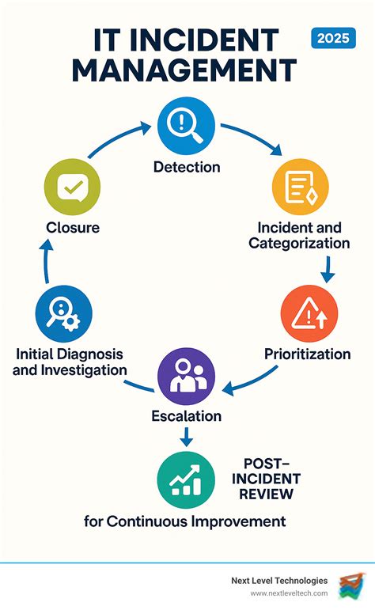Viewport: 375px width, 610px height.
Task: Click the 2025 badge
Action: [x=333, y=38]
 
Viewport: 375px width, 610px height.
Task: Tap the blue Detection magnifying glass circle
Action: [x=186, y=126]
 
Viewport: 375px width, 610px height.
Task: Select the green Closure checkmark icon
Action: [x=72, y=187]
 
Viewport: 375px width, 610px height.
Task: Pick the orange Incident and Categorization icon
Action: [x=300, y=187]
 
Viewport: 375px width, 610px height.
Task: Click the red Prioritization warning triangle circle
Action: [x=309, y=313]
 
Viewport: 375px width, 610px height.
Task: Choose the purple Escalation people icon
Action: [x=186, y=377]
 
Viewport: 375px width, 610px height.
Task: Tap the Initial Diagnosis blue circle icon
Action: [x=64, y=313]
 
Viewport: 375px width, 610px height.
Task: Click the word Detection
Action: [x=187, y=167]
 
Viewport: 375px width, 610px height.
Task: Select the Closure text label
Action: [x=73, y=228]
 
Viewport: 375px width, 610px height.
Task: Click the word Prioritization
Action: [x=307, y=354]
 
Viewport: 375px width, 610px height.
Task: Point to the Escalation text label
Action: [x=187, y=416]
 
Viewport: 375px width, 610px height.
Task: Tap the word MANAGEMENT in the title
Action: [x=184, y=70]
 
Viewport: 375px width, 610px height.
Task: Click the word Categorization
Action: [x=299, y=243]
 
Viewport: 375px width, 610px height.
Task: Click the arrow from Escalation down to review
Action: [x=187, y=437]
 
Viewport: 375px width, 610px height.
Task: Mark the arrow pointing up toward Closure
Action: [x=47, y=260]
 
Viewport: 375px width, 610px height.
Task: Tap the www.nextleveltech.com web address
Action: [x=289, y=593]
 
